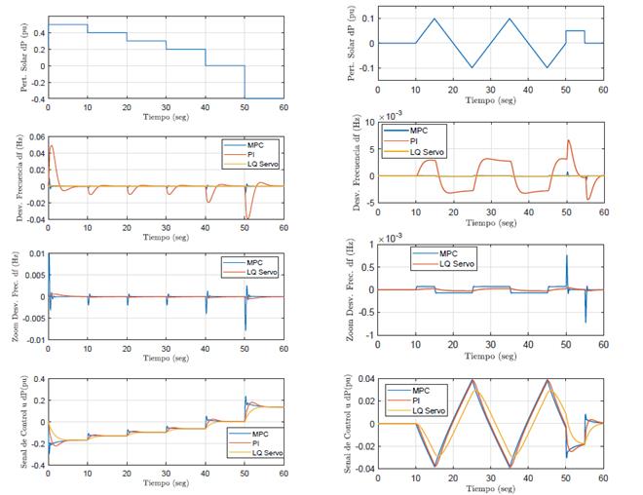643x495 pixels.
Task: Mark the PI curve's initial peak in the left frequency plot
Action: (52, 146)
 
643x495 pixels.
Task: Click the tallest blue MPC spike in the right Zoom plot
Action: (567, 256)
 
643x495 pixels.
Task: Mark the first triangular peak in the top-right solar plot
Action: (435, 19)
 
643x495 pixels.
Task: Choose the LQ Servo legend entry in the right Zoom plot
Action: (454, 264)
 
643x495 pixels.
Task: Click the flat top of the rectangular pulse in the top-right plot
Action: (576, 31)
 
